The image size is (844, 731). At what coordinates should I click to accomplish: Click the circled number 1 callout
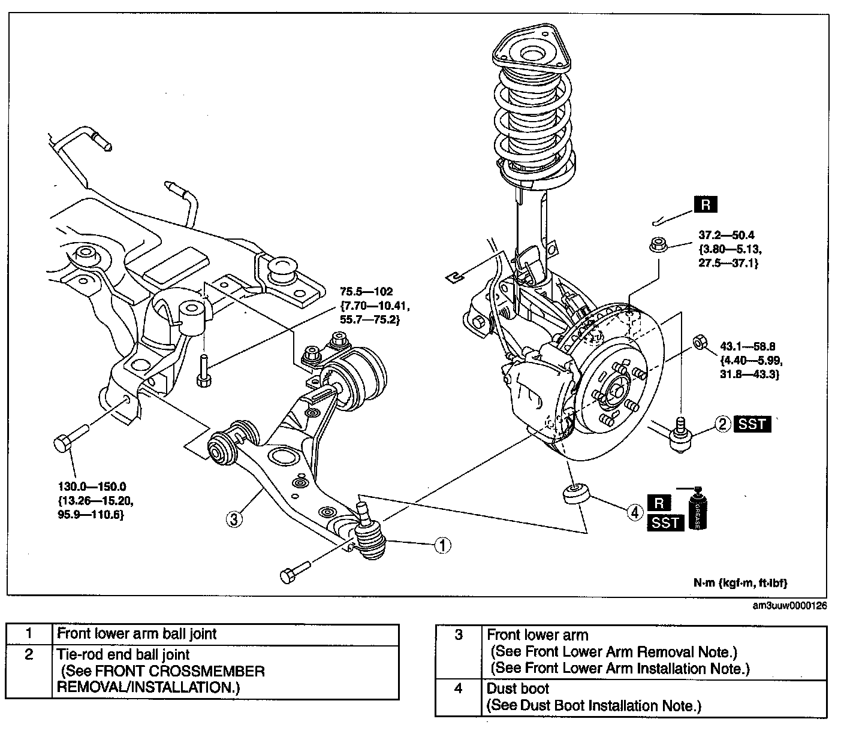(x=442, y=546)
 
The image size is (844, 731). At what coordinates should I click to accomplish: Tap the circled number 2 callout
(x=723, y=424)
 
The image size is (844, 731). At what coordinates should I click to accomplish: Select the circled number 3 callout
(x=234, y=519)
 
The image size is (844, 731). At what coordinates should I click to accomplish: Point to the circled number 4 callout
(x=635, y=513)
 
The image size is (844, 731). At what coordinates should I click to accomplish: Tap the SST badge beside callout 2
(x=752, y=424)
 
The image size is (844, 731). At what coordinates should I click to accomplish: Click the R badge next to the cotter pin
(x=706, y=204)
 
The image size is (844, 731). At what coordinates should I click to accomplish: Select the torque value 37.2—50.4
(x=727, y=235)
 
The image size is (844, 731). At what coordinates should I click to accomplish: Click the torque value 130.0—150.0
(x=92, y=486)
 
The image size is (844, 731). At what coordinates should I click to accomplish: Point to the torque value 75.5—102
(x=366, y=291)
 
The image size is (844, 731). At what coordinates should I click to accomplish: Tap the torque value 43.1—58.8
(x=747, y=346)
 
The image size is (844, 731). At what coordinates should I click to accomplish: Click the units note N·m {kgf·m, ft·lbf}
(x=740, y=582)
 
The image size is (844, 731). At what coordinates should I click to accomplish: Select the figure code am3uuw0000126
(x=789, y=605)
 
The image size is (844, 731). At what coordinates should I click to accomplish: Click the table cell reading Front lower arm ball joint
(x=137, y=633)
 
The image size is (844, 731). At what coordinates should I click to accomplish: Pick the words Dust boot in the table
(x=518, y=688)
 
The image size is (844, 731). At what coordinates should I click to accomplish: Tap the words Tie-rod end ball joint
(x=123, y=654)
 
